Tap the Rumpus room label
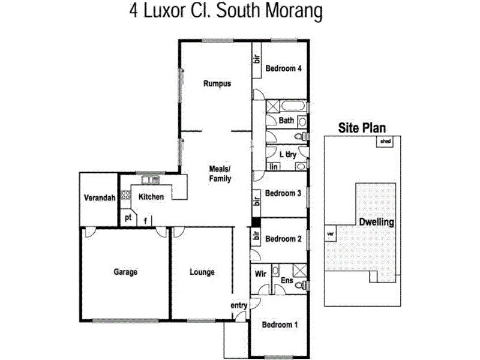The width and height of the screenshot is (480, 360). (217, 84)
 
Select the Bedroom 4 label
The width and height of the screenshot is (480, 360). (283, 68)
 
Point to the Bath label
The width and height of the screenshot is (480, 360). (286, 121)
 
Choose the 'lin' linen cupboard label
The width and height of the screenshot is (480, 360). (274, 166)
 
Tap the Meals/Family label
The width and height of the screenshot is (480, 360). (220, 174)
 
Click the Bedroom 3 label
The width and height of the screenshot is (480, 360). (283, 193)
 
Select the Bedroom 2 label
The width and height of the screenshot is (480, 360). (283, 239)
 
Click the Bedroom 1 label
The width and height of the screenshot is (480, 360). (280, 325)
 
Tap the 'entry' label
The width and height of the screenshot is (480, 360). (239, 305)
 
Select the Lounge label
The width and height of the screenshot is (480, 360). (202, 272)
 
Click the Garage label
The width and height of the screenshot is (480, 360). (125, 272)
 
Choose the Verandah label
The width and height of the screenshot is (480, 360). (99, 199)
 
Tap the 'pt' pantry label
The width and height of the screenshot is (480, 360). (128, 218)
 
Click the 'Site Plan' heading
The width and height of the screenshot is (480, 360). (362, 127)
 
